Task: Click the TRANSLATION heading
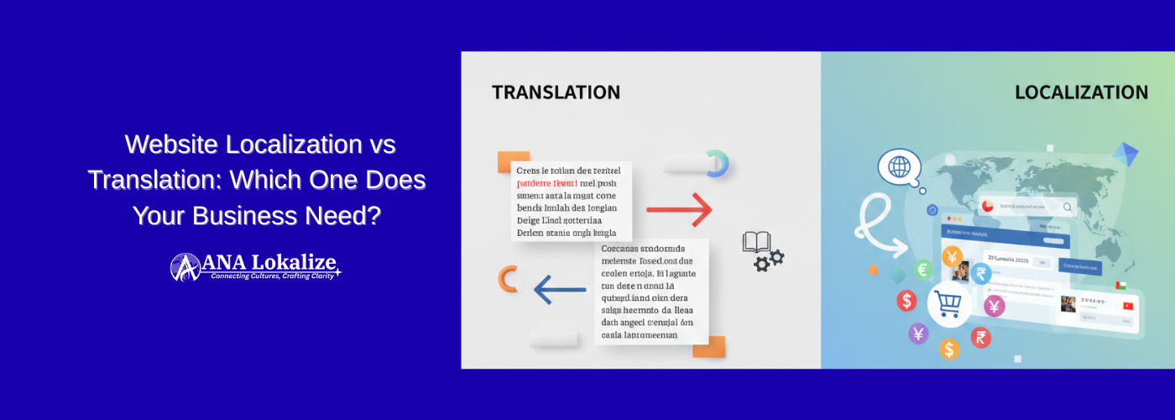556,92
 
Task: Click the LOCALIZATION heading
1081,92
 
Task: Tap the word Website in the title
173,144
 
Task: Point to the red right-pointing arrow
679,209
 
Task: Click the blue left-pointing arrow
560,291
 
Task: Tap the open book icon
755,243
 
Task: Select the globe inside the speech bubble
899,166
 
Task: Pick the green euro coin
923,270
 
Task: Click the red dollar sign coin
906,300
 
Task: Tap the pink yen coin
994,306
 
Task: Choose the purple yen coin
919,333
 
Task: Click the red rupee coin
980,338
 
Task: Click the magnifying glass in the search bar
1068,207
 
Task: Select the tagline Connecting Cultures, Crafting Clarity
273,276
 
